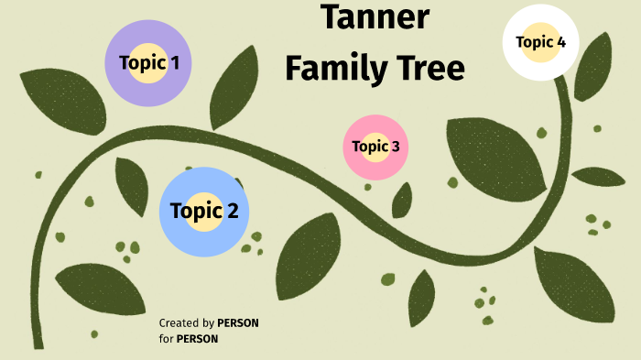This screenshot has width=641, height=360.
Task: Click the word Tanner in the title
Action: pyautogui.click(x=375, y=17)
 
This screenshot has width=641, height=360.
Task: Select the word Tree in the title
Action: pyautogui.click(x=430, y=68)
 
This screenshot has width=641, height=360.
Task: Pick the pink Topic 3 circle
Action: pyautogui.click(x=375, y=169)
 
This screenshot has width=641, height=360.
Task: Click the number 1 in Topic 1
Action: pyautogui.click(x=174, y=63)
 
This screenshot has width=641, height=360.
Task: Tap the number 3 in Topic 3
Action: pyautogui.click(x=395, y=146)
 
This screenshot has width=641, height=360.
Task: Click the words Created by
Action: pyautogui.click(x=186, y=323)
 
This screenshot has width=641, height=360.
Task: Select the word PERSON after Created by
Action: pyautogui.click(x=238, y=323)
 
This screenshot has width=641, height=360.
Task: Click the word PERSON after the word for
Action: pyautogui.click(x=197, y=339)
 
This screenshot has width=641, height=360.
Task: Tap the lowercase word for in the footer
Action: pyautogui.click(x=166, y=339)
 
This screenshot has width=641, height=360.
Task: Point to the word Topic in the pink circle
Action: pyautogui.click(x=370, y=146)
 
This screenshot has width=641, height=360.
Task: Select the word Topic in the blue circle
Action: pyautogui.click(x=196, y=212)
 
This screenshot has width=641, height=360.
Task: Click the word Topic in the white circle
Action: pyautogui.click(x=534, y=41)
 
